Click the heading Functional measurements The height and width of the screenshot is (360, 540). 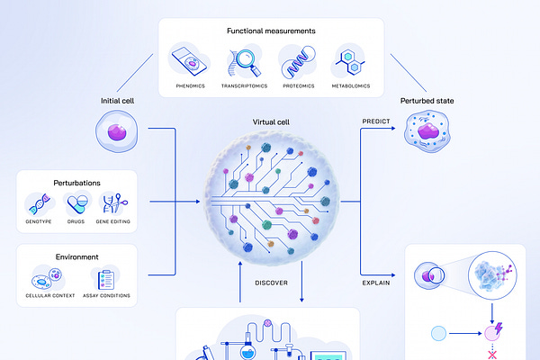point(271,31)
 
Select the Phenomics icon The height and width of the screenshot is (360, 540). point(191,61)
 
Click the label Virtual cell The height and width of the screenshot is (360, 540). point(271,121)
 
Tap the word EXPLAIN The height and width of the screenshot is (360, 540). point(376,283)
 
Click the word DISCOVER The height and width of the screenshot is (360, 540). point(271,283)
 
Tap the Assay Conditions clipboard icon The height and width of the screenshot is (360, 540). point(105,278)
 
